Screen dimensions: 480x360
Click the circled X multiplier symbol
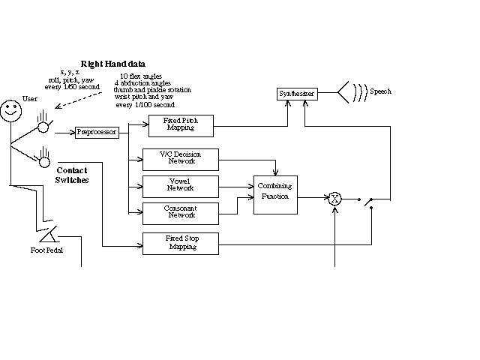[x=334, y=199]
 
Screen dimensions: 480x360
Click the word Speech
[x=380, y=91]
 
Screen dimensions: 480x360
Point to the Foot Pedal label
[x=46, y=250]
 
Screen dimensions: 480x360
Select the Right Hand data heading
[x=113, y=64]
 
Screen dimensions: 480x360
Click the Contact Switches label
[x=72, y=175]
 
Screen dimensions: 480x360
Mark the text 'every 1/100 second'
[x=145, y=105]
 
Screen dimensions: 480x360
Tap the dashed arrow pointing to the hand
[x=78, y=100]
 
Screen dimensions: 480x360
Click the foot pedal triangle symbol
[x=49, y=235]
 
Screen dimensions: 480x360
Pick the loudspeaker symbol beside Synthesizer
[x=343, y=92]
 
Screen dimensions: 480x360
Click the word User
[x=30, y=98]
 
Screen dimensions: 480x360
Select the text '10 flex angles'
[x=141, y=76]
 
